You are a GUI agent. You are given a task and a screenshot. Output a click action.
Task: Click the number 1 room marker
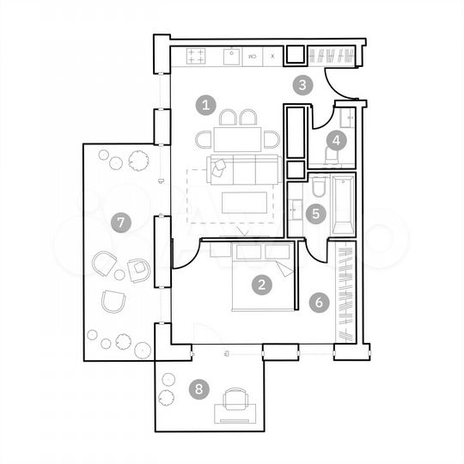pyautogui.click(x=205, y=106)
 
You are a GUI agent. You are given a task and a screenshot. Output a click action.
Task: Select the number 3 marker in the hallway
pyautogui.click(x=302, y=84)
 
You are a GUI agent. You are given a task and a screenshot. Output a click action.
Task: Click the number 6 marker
pyautogui.click(x=319, y=302)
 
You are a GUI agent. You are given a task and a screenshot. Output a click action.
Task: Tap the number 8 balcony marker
pyautogui.click(x=199, y=389)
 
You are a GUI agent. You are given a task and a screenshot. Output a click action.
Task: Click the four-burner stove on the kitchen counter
pyautogui.click(x=196, y=57)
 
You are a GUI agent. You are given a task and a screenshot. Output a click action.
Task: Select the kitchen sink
pyautogui.click(x=231, y=57)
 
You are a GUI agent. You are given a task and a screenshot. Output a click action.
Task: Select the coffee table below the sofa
pyautogui.click(x=246, y=204)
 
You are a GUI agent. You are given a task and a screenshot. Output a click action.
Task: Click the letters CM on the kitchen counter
pyautogui.click(x=253, y=57)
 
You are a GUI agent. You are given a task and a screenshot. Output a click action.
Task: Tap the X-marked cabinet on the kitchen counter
pyautogui.click(x=272, y=57)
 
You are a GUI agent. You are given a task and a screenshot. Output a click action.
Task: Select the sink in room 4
pyautogui.click(x=348, y=117)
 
